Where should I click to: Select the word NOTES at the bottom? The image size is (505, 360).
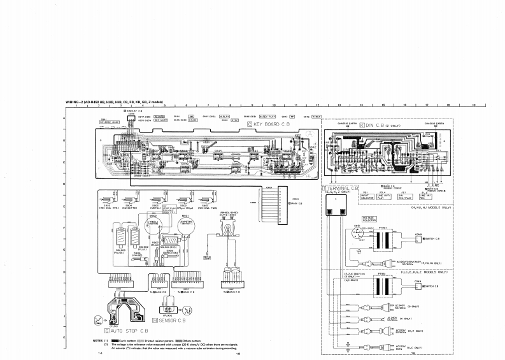click(99, 341)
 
